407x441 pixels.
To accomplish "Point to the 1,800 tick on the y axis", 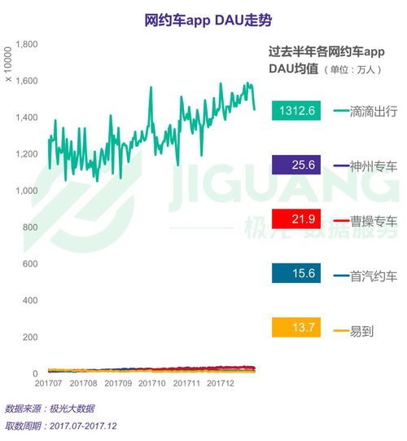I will point(27,44).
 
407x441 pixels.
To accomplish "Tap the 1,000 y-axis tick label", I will point(27,191).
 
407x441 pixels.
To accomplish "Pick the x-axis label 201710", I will point(152,382).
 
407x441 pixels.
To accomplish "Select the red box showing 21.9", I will point(294,220).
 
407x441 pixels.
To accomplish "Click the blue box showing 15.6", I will point(294,275).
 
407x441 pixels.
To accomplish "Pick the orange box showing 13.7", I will point(294,329).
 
